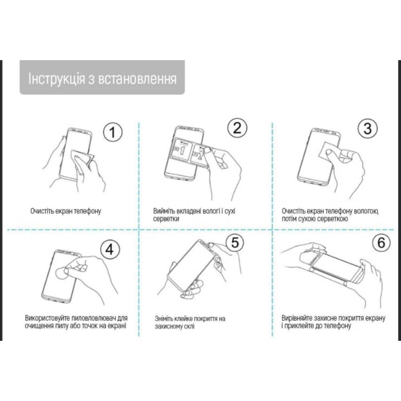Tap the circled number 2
coord(237,128)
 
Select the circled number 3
coord(367,129)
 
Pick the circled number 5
coord(235,242)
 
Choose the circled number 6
coord(381,242)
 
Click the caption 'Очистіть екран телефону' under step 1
coord(65,211)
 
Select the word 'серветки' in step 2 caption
coord(166,219)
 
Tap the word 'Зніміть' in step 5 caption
coord(165,319)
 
